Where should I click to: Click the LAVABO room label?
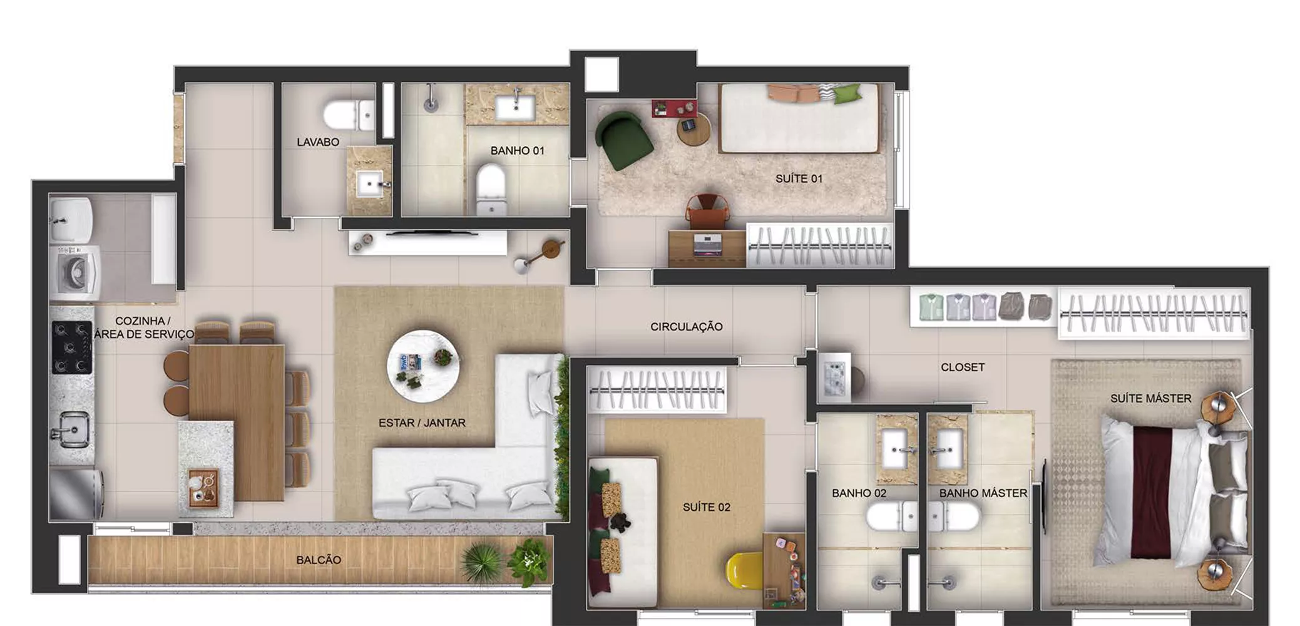[x=318, y=142]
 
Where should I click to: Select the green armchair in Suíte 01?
[x=623, y=140]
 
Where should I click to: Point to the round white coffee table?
[x=423, y=367]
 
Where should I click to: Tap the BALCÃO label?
[x=319, y=560]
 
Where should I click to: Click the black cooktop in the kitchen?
[x=72, y=347]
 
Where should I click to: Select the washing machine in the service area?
[x=75, y=273]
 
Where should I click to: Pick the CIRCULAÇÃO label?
[x=686, y=327]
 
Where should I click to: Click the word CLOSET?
[x=963, y=367]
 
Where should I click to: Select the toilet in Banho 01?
[x=491, y=188]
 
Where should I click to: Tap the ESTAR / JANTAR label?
[x=422, y=423]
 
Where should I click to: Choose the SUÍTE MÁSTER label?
[x=1150, y=398]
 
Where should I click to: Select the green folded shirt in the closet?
[x=931, y=307]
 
